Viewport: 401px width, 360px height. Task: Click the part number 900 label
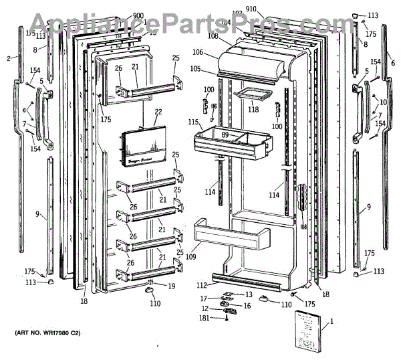pyautogui.click(x=138, y=15)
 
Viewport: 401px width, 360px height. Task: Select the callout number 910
pyautogui.click(x=269, y=9)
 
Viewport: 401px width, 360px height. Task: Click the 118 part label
pyautogui.click(x=253, y=109)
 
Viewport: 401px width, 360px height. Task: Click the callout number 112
pyautogui.click(x=200, y=285)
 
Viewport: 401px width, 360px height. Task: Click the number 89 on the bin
pyautogui.click(x=225, y=135)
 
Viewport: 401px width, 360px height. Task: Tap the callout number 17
pyautogui.click(x=204, y=298)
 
